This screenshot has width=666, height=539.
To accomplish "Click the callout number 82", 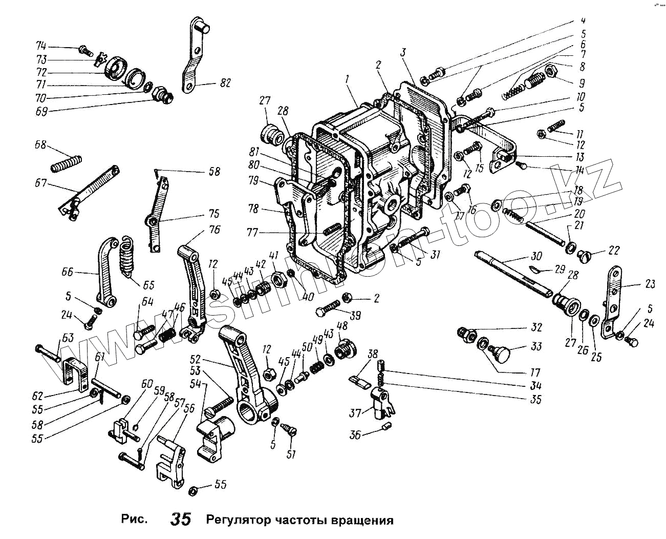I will pyautogui.click(x=225, y=84).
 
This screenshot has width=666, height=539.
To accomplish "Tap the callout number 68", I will pyautogui.click(x=40, y=145).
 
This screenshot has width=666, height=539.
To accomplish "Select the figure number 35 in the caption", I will pyautogui.click(x=181, y=519).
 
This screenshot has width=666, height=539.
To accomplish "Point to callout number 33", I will pyautogui.click(x=536, y=346).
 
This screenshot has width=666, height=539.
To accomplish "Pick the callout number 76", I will pyautogui.click(x=214, y=230).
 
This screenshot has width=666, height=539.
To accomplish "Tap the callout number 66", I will pyautogui.click(x=68, y=272).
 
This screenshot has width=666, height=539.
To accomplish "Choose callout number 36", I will pyautogui.click(x=355, y=435).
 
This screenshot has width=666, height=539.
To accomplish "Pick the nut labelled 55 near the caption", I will pyautogui.click(x=194, y=490).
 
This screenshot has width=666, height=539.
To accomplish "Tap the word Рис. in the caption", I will pyautogui.click(x=134, y=520).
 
